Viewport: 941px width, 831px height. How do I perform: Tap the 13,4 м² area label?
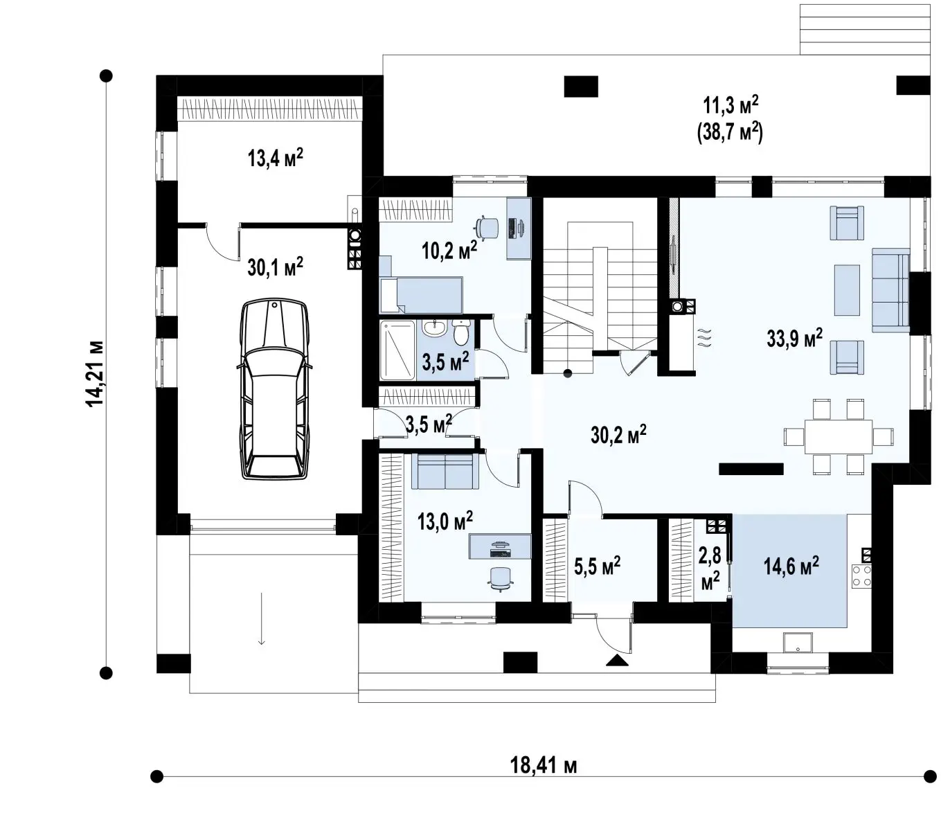[276, 158]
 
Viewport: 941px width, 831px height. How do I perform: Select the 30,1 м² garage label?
[276, 267]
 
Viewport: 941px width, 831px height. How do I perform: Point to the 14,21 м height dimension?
[96, 374]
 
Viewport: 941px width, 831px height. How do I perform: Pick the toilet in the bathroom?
[460, 332]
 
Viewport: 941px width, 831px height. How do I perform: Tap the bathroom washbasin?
[434, 328]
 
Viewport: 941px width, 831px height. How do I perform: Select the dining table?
[839, 437]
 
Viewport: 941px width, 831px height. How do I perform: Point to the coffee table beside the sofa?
[847, 290]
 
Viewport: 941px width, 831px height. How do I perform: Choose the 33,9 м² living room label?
[794, 338]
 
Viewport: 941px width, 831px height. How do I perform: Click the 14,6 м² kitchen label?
[791, 566]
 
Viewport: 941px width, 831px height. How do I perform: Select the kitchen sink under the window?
[798, 643]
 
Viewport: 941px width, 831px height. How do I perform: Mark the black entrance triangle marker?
[617, 660]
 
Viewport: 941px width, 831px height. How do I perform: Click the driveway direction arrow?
[261, 618]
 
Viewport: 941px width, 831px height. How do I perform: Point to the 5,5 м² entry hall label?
[597, 566]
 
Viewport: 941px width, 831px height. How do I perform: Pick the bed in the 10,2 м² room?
[421, 295]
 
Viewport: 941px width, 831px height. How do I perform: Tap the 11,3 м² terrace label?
[731, 107]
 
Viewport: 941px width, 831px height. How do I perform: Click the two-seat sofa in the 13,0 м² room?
[445, 471]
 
